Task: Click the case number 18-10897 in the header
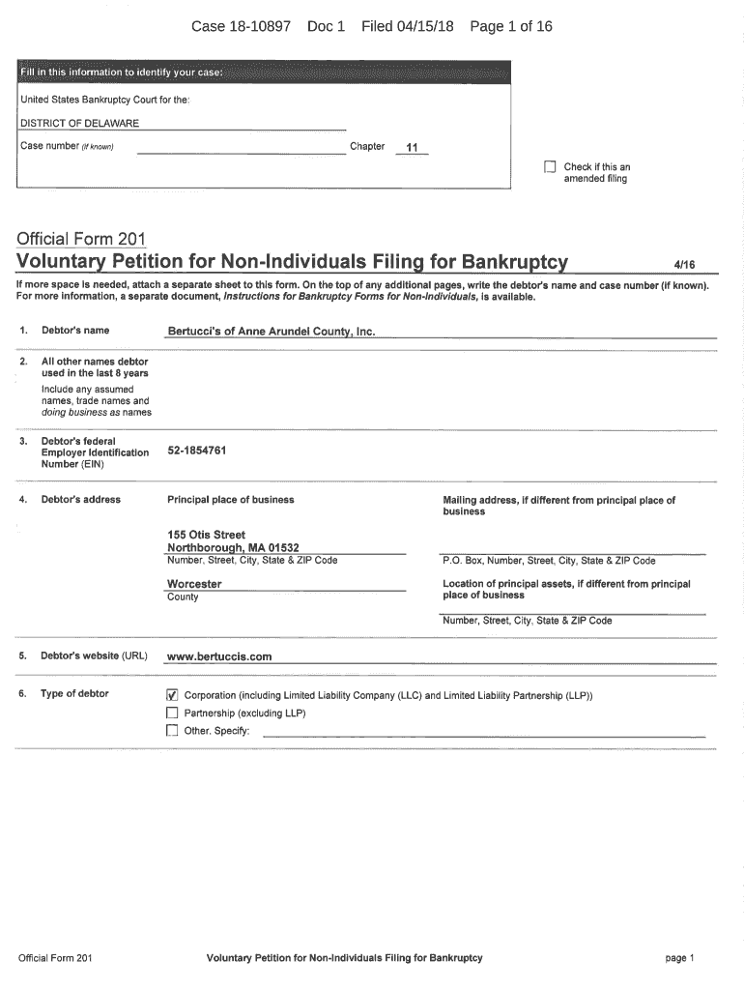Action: pyautogui.click(x=256, y=26)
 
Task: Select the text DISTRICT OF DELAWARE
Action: pyautogui.click(x=80, y=123)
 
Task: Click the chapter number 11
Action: pyautogui.click(x=413, y=148)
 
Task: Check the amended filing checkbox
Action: pyautogui.click(x=550, y=167)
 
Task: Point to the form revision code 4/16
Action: pyautogui.click(x=684, y=264)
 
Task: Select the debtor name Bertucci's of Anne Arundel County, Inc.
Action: pyautogui.click(x=271, y=332)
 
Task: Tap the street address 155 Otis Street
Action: pyautogui.click(x=206, y=535)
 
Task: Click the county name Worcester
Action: pyautogui.click(x=194, y=584)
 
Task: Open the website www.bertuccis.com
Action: pyautogui.click(x=219, y=656)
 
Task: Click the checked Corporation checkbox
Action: pyautogui.click(x=172, y=695)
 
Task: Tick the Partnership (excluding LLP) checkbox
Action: pyautogui.click(x=172, y=713)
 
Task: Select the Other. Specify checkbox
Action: pyautogui.click(x=172, y=731)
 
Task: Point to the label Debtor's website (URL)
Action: pyautogui.click(x=94, y=656)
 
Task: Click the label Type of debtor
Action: pyautogui.click(x=74, y=694)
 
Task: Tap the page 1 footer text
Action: pyautogui.click(x=679, y=958)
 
